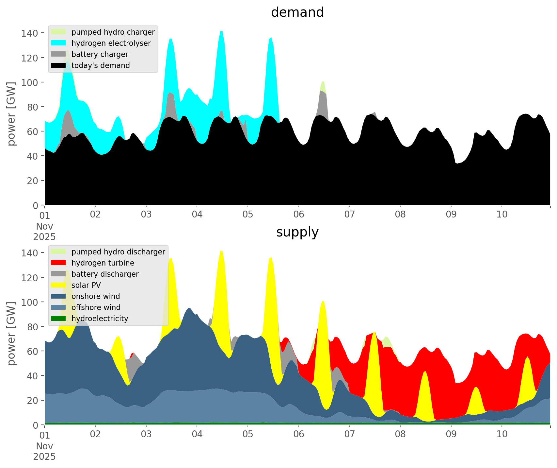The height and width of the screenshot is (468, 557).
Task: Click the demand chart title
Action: point(297,12)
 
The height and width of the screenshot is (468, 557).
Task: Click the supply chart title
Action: point(297,232)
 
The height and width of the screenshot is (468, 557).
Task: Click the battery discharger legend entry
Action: point(105,274)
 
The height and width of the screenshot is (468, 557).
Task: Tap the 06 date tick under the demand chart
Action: point(299,215)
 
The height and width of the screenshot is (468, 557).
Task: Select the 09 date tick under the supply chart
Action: point(451,435)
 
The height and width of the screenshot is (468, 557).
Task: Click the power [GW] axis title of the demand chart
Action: point(11,114)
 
